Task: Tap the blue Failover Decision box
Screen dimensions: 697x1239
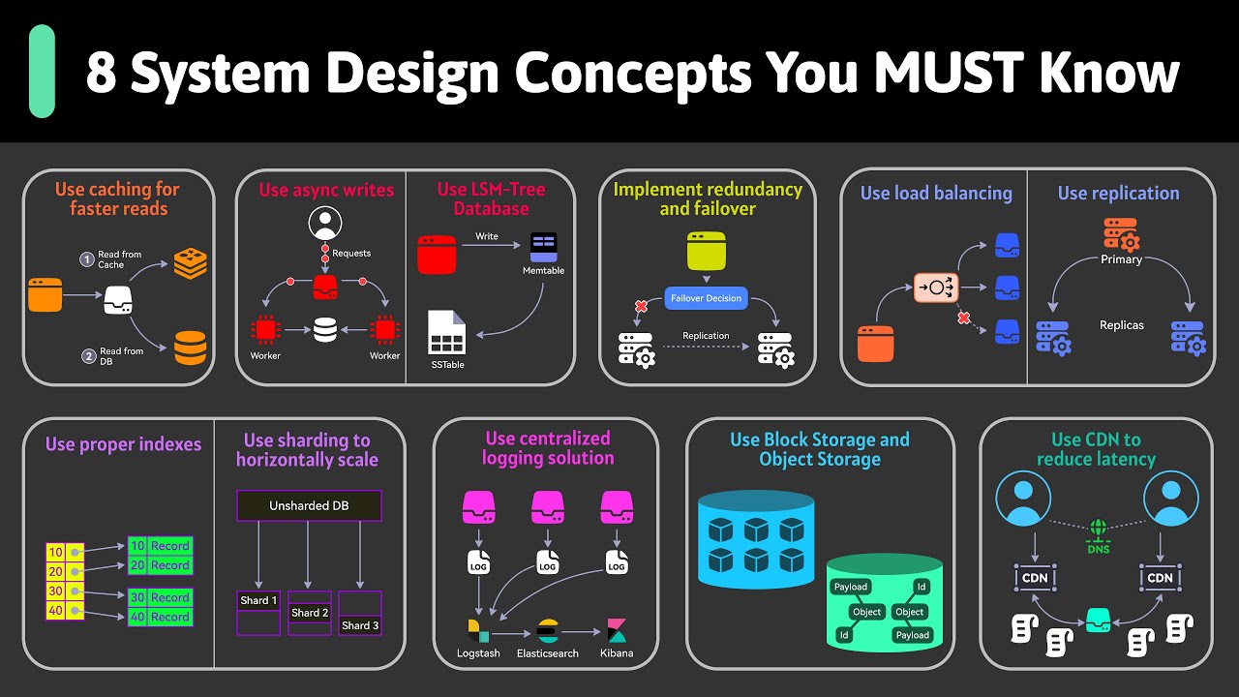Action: (707, 298)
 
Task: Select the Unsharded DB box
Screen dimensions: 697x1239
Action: (309, 505)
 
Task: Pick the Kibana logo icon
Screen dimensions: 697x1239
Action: (617, 630)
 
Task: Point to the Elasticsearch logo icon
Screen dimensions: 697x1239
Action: (548, 631)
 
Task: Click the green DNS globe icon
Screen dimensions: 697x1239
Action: (1098, 530)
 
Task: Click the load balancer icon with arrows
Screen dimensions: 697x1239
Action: (935, 288)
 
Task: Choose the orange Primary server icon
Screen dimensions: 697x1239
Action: (1121, 235)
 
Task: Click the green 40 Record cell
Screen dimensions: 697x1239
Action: (160, 617)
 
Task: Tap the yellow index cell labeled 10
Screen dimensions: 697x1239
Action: (55, 553)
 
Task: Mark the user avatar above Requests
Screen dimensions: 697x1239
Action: (325, 225)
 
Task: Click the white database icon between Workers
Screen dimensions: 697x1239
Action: (325, 330)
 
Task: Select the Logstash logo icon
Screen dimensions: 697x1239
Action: (478, 630)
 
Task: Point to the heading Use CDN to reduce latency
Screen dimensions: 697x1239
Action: (1096, 449)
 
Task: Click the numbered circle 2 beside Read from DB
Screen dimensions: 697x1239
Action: (89, 356)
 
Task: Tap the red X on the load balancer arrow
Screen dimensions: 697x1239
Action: (962, 318)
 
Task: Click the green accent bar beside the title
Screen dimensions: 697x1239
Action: (42, 72)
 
